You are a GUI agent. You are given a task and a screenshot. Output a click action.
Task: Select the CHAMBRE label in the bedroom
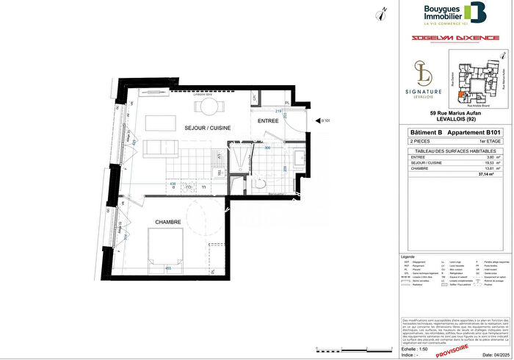click(168, 221)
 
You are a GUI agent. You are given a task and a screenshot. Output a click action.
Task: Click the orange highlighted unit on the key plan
click(461, 95)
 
